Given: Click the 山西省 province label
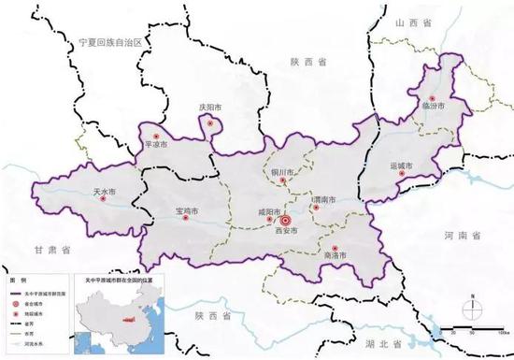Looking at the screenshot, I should [410, 22].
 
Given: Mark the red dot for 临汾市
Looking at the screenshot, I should [432, 98].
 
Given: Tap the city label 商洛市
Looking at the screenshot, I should [334, 255].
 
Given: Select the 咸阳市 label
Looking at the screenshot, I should [269, 211].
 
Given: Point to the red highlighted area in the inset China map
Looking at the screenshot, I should [128, 321].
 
